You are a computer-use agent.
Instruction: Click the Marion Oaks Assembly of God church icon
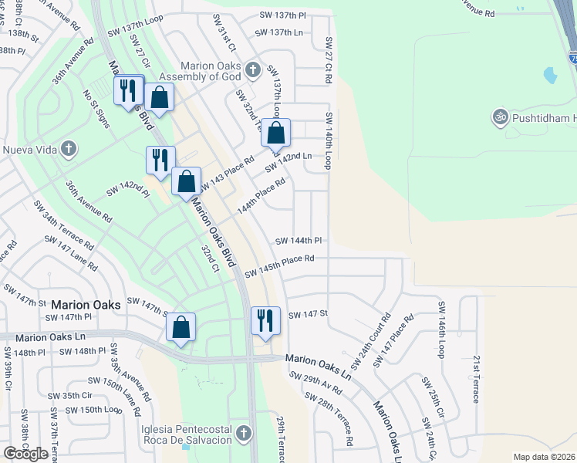[251, 72]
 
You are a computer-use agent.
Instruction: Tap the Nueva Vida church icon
[69, 148]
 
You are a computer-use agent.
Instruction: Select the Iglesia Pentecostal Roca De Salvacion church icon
[245, 433]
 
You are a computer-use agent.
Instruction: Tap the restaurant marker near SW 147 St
[265, 320]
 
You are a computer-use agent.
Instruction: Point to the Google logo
[25, 454]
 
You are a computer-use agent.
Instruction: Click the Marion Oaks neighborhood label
[86, 305]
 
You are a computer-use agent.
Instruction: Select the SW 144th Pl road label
[299, 242]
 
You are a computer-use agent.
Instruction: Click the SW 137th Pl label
[282, 15]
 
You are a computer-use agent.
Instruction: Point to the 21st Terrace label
[476, 379]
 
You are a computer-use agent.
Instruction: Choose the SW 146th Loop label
[442, 329]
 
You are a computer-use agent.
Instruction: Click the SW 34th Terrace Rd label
[63, 225]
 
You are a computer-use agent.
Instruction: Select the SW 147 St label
[309, 314]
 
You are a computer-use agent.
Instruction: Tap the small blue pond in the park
[550, 76]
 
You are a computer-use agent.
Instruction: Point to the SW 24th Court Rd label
[371, 340]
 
